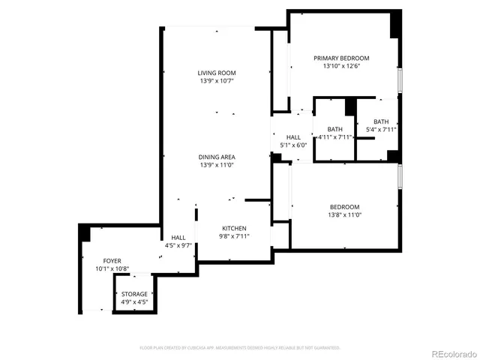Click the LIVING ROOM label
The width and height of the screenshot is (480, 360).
tap(217, 73)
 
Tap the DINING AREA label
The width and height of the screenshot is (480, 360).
tap(217, 157)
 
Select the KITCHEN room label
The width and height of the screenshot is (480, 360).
tap(234, 228)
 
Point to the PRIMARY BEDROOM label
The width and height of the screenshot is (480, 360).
tap(341, 58)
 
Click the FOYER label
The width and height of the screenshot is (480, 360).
tap(112, 260)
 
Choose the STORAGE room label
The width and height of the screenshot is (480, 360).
tap(135, 294)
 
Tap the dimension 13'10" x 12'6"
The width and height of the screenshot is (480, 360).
tap(341, 66)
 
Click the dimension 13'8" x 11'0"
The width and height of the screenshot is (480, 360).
tap(344, 215)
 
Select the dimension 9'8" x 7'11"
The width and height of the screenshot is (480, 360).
tap(234, 236)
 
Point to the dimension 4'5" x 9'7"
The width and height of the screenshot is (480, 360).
tap(178, 245)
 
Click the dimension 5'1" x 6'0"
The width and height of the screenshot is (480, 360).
tap(292, 145)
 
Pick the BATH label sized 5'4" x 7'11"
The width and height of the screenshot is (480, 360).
tap(381, 121)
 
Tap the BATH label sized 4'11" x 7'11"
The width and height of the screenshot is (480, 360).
tap(334, 129)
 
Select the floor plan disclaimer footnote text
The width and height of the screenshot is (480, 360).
tap(240, 347)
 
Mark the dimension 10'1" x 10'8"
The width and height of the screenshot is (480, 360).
tap(112, 268)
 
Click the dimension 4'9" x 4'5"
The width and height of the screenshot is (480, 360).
tap(135, 302)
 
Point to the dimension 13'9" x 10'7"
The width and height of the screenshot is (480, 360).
tap(217, 81)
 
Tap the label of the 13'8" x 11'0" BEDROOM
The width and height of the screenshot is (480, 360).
tap(344, 207)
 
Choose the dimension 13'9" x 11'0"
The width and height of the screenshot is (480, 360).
tap(217, 165)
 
